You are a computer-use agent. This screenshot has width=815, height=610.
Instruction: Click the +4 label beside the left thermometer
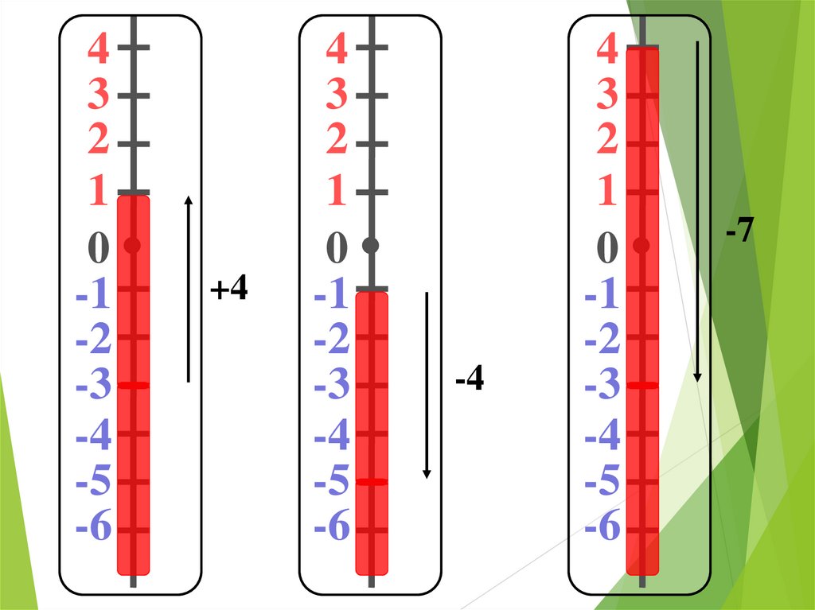229,290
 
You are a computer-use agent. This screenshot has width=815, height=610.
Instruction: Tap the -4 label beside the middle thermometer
470,381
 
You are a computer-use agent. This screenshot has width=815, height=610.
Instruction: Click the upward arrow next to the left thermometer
189,289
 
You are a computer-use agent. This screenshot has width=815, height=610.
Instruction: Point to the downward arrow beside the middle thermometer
427,386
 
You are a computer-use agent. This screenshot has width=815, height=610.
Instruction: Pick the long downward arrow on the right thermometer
698,212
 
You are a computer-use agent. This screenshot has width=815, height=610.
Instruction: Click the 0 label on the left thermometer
98,249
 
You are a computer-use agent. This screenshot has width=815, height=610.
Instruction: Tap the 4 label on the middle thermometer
337,50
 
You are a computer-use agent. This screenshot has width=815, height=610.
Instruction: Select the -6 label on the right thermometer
602,526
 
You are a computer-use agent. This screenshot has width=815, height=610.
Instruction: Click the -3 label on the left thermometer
93,388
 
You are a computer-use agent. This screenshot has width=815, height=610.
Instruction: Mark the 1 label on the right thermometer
607,192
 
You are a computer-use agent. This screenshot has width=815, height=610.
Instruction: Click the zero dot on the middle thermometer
370,246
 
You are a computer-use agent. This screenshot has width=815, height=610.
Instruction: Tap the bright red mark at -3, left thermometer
133,386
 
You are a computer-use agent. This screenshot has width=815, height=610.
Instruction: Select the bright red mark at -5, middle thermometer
371,482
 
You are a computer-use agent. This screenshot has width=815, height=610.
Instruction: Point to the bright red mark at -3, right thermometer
641,386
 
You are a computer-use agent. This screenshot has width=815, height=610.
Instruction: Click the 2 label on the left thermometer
99,141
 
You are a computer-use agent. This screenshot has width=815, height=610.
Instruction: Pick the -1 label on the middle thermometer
331,297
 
